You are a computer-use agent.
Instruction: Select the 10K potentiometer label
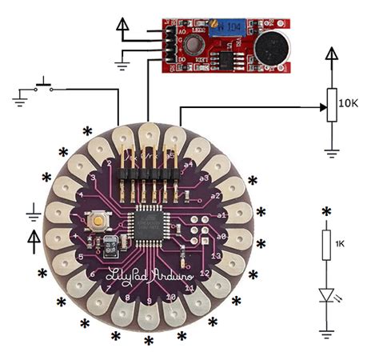coord(348,103)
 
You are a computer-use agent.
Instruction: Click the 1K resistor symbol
coord(326,245)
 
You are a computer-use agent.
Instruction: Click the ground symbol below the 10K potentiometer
coord(330,149)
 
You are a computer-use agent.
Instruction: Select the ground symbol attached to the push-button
coord(19,99)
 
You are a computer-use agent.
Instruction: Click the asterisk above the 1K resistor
coord(326,212)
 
